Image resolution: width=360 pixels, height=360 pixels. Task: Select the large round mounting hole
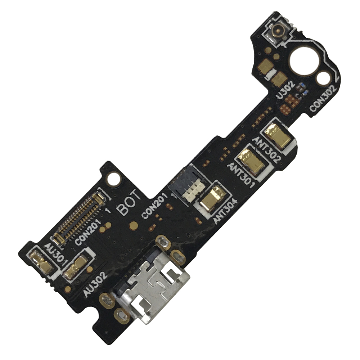301,62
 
